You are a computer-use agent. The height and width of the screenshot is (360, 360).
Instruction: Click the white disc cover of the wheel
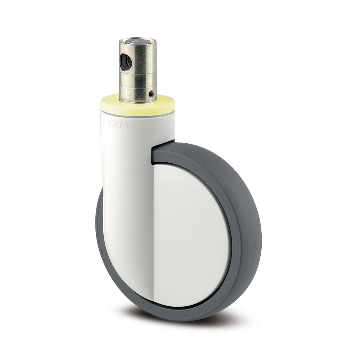click(x=191, y=230)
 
